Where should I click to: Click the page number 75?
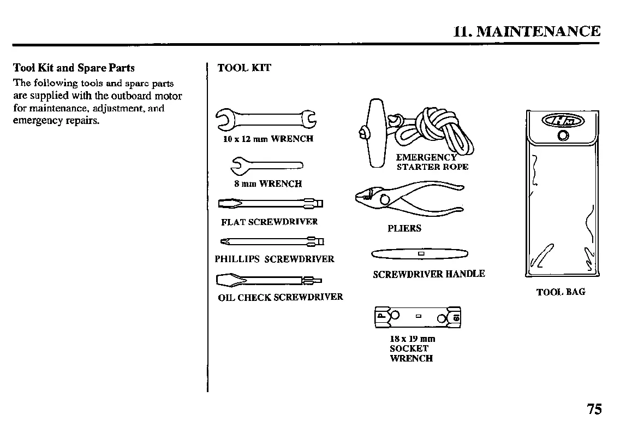click(594, 409)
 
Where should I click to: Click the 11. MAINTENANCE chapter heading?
click(527, 31)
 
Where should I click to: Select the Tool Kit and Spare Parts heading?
click(74, 68)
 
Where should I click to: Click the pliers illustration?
click(407, 198)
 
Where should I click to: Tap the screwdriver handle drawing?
click(420, 254)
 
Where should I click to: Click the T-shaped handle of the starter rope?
click(376, 133)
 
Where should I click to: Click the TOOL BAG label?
click(561, 292)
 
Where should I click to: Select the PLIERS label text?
click(404, 228)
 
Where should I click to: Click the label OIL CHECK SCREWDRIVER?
click(281, 297)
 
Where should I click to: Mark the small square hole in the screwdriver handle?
click(420, 254)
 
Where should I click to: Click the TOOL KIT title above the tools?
click(244, 68)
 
